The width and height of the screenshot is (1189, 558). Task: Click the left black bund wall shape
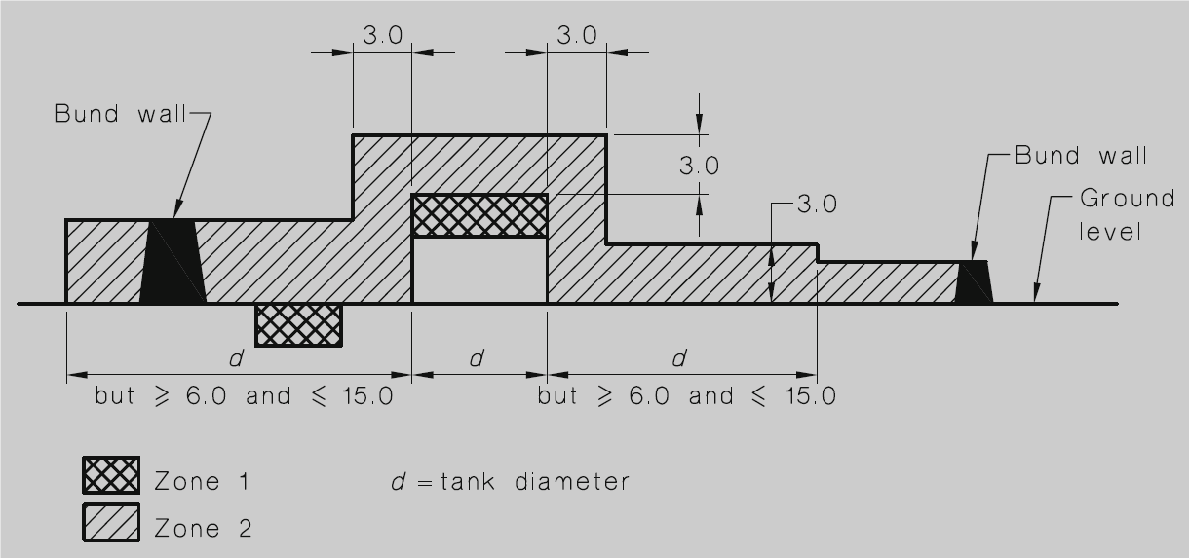[173, 262]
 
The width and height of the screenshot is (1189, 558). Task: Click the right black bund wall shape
[974, 282]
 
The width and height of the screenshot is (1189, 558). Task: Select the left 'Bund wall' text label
[121, 114]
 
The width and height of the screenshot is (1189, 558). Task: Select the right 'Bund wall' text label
[1081, 156]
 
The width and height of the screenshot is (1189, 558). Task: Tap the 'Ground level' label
[1127, 215]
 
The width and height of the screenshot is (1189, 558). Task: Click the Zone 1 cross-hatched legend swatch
[111, 474]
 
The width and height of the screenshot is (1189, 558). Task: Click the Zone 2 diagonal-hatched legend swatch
[111, 523]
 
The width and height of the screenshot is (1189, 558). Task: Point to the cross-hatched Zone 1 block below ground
[299, 325]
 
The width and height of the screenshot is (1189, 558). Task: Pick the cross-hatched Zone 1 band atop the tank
[479, 215]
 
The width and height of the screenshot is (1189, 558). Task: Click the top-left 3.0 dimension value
[383, 35]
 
